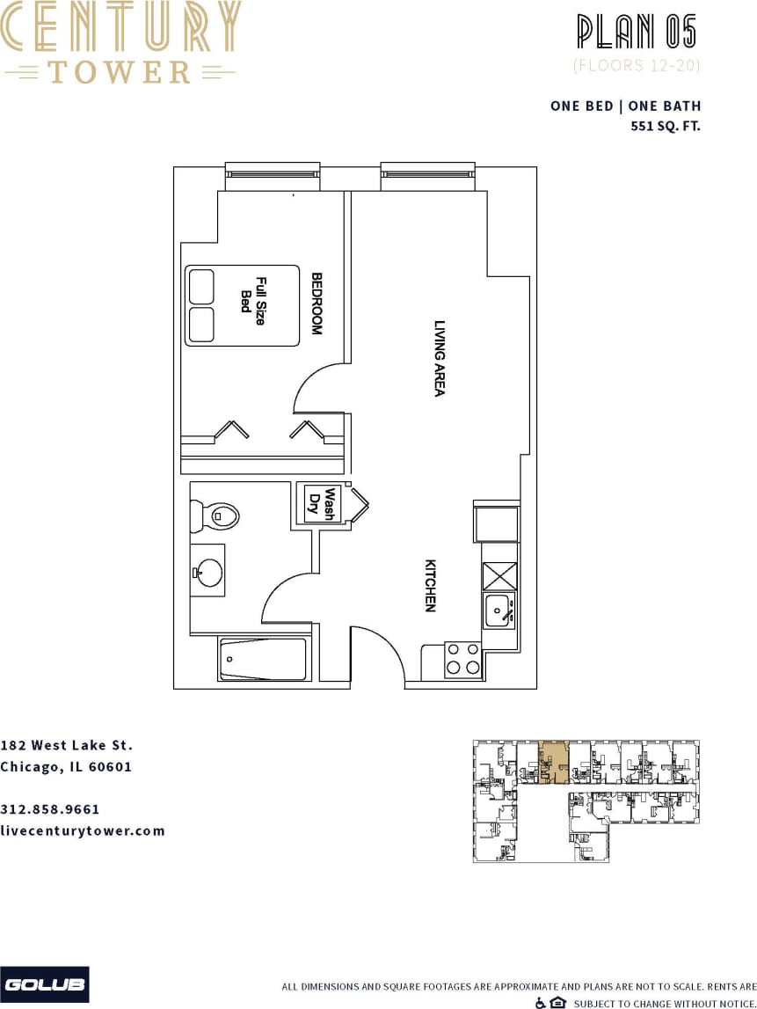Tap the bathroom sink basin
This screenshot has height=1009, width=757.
click(x=209, y=572)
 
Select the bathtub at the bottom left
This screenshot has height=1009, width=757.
click(x=264, y=658)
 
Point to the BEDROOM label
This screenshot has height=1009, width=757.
click(x=317, y=303)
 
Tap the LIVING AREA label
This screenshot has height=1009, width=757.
click(x=440, y=357)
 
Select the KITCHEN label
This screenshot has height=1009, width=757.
click(x=431, y=585)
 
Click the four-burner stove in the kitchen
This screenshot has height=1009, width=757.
click(x=463, y=658)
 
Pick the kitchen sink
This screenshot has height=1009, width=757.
click(x=499, y=610)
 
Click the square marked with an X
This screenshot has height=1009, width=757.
click(x=499, y=575)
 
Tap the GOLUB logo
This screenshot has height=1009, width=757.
click(x=44, y=984)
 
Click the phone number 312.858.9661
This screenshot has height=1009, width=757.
click(x=50, y=809)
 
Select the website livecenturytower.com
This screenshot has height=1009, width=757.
click(x=83, y=830)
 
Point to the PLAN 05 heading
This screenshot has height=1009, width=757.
click(x=637, y=32)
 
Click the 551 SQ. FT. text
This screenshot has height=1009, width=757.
click(x=666, y=126)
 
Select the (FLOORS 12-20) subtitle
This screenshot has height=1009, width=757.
click(x=637, y=65)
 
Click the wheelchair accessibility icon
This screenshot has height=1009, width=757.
click(x=540, y=1003)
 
